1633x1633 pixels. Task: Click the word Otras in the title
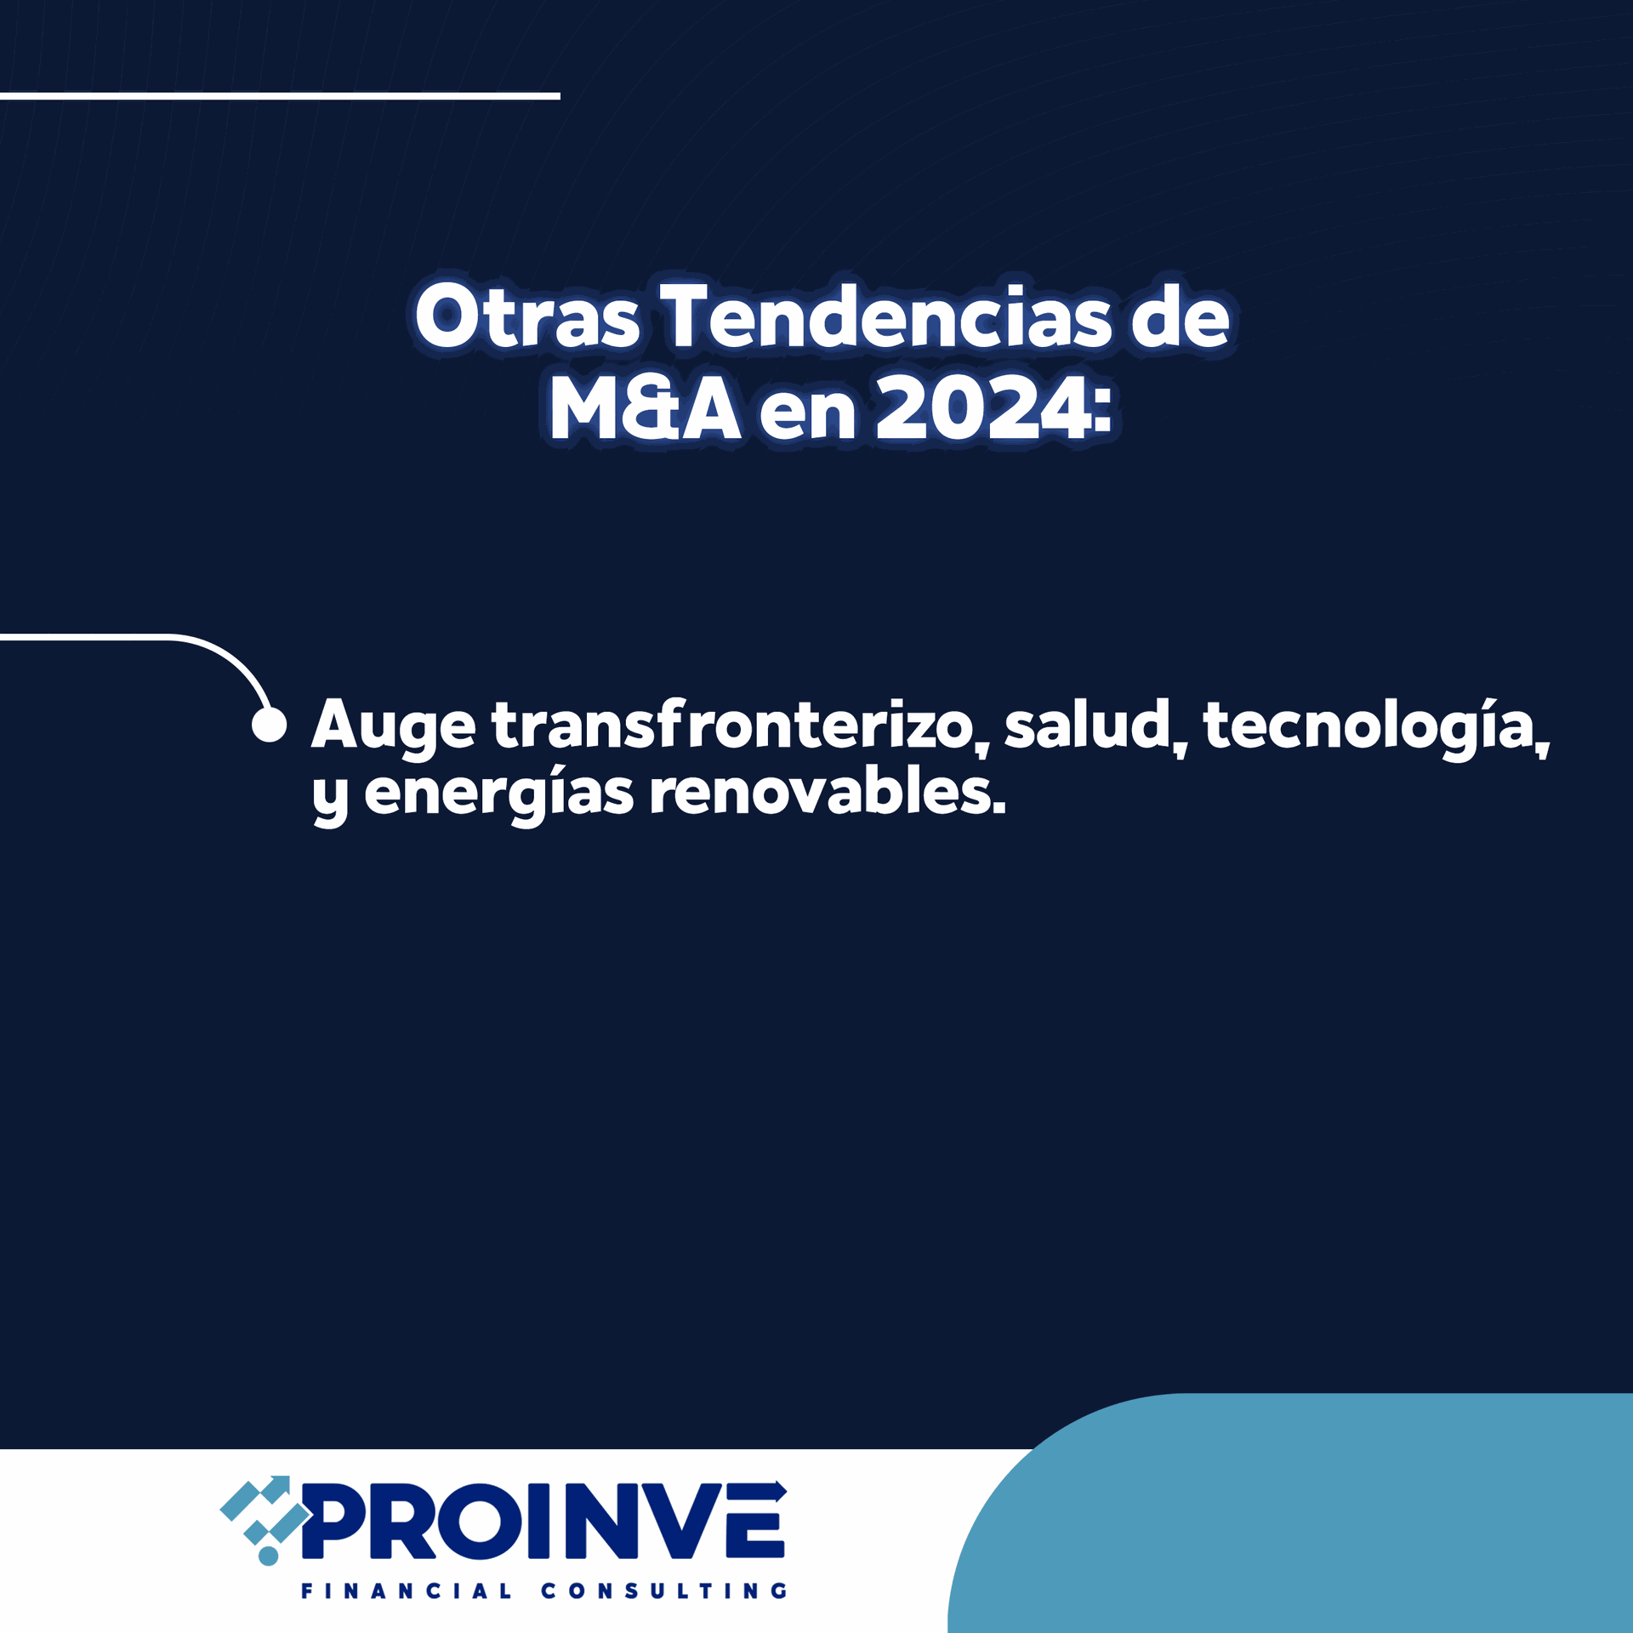point(527,316)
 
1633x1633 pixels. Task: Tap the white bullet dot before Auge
point(269,725)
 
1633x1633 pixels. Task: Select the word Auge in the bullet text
point(393,727)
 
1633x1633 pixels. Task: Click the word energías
point(499,795)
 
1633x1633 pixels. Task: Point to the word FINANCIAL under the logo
point(407,1590)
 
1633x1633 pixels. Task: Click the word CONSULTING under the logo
point(664,1590)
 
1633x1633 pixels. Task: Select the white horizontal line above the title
point(280,96)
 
